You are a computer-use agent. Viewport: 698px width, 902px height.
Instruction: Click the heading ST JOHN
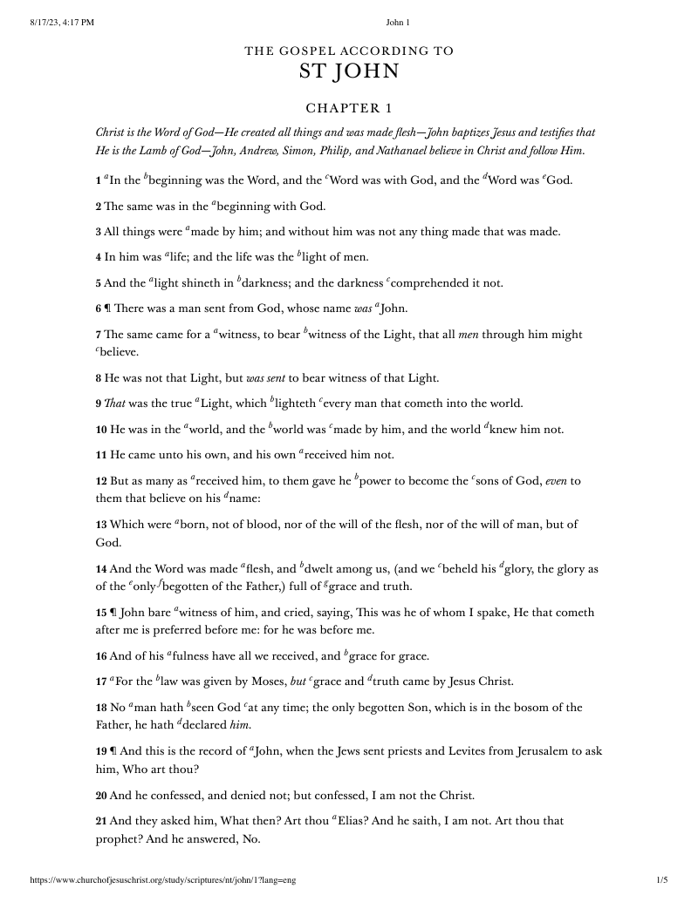[349, 71]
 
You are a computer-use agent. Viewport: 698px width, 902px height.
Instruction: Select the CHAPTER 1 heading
[349, 109]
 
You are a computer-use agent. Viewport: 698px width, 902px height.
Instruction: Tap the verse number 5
[99, 283]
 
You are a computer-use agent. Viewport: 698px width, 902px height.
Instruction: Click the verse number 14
[101, 570]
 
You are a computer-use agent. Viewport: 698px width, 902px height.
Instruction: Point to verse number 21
[101, 821]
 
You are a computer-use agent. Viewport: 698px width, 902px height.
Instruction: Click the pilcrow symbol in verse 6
[109, 309]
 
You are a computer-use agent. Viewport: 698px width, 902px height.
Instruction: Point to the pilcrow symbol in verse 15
[112, 613]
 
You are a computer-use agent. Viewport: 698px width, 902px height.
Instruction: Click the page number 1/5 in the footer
[661, 880]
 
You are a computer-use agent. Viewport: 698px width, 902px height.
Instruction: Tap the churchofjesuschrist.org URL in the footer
[163, 880]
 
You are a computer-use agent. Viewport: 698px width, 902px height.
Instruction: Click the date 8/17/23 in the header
[45, 23]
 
